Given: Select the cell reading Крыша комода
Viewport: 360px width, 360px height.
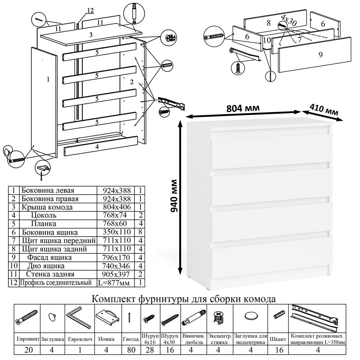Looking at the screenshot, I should coord(47,207).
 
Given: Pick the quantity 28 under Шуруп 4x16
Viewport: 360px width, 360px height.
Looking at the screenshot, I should coord(150,350).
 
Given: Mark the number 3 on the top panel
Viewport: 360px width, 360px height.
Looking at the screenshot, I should coord(91,35).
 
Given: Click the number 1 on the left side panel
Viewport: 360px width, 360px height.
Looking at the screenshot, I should coord(48,80).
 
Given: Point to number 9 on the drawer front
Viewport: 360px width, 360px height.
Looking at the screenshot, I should coord(320,54).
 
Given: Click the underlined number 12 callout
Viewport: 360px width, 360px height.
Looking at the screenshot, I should coord(90,10).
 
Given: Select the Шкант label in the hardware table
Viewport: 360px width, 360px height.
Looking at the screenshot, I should coord(278,339).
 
